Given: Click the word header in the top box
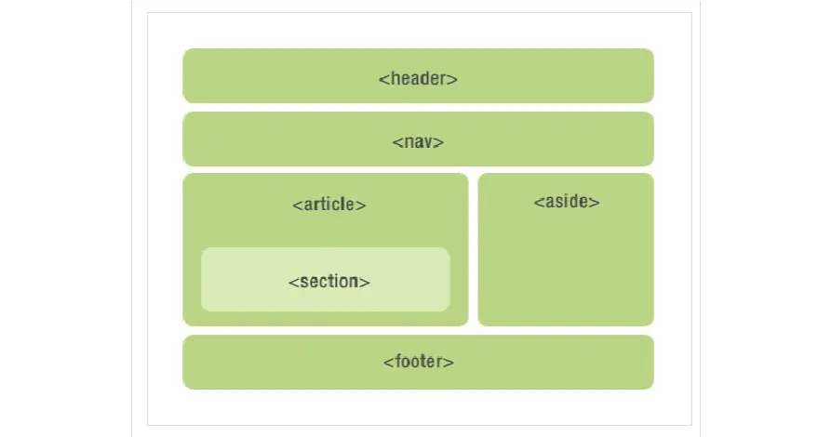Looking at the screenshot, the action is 418,78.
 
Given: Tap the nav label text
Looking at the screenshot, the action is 418,142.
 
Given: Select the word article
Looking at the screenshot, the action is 329,204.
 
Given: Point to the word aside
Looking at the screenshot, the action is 567,201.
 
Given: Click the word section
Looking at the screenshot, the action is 329,282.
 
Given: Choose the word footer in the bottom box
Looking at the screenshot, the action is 419,362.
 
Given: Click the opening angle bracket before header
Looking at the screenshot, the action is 383,79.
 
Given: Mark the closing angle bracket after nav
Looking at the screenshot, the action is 438,142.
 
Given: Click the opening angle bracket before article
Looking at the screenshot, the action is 297,205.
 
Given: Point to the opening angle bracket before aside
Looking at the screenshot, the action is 539,203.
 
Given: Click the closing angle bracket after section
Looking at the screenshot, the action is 365,283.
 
